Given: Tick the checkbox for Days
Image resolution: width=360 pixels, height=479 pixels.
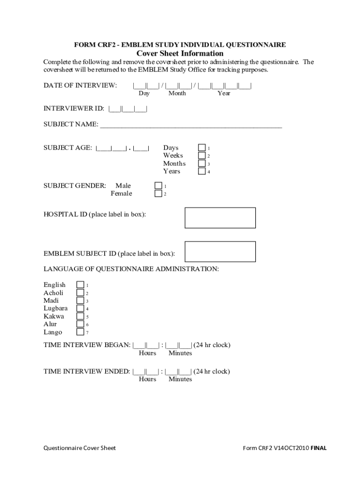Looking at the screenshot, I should [x=202, y=148].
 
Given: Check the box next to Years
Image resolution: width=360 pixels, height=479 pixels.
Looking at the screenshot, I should [x=202, y=171].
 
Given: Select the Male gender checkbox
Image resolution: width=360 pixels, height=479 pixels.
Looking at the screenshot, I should [x=158, y=186].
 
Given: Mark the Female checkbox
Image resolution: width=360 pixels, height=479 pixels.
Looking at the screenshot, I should [x=158, y=194].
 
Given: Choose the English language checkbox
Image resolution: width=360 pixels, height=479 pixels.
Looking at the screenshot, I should [x=80, y=285].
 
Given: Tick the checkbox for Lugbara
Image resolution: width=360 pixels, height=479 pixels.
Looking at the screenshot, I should [x=80, y=309].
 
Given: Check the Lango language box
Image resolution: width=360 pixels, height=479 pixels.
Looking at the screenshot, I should [x=80, y=332].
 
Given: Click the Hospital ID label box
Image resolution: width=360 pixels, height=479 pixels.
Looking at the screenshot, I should [x=220, y=218].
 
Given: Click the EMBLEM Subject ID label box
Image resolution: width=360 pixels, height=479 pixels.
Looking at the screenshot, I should [x=220, y=252].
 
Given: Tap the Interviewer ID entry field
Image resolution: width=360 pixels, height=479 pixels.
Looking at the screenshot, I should [x=128, y=109].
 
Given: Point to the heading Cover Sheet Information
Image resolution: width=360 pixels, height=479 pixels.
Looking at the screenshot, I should [x=180, y=54].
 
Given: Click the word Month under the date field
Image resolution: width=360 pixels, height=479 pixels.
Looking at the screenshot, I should [x=177, y=94].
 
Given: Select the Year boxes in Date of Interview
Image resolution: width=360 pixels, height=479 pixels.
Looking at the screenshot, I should [x=224, y=86].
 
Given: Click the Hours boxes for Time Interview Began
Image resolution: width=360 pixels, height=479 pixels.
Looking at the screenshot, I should [x=146, y=346].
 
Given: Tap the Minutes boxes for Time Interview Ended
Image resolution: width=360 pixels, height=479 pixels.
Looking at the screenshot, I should [x=179, y=372].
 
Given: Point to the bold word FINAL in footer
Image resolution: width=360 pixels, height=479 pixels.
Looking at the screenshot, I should [x=319, y=448].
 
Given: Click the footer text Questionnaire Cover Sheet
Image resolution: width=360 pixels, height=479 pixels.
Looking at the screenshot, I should [x=79, y=448].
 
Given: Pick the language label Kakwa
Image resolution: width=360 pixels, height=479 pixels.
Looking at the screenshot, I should [x=54, y=317].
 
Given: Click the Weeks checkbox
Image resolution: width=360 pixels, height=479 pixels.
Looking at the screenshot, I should [x=202, y=156].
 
